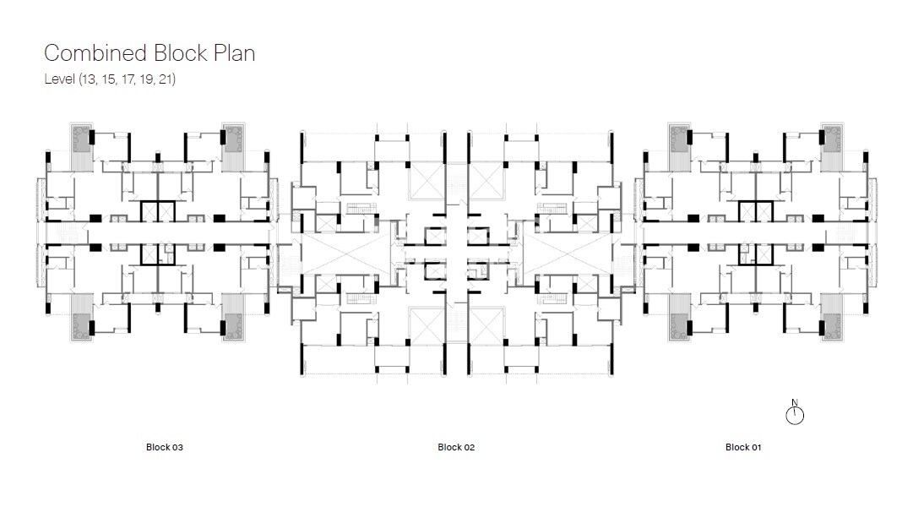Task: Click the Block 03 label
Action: tap(164, 447)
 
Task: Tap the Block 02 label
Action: tap(456, 447)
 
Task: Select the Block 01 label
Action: tap(743, 447)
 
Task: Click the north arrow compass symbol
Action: tap(795, 415)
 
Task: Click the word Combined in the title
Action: tap(95, 53)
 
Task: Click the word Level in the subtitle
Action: tap(58, 80)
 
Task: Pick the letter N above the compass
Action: tap(795, 402)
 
